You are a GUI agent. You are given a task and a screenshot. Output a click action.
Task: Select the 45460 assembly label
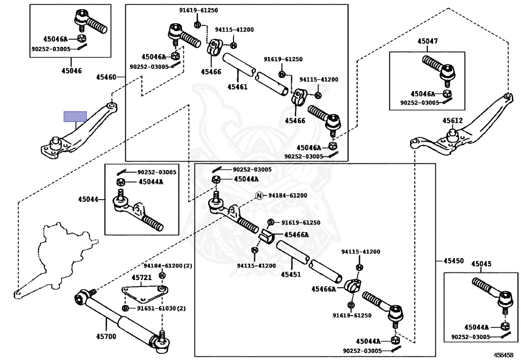[x=106, y=77]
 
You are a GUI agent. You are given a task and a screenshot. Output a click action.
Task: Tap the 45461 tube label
[x=238, y=87]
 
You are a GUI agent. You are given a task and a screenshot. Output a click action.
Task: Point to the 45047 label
[x=427, y=41]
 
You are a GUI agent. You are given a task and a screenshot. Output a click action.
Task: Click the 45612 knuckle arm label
[x=452, y=121]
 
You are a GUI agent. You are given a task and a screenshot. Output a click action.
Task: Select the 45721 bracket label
[x=141, y=278]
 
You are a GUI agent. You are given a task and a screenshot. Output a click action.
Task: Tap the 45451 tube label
[x=291, y=274]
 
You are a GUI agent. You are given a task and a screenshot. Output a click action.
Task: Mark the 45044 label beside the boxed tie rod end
[x=88, y=199]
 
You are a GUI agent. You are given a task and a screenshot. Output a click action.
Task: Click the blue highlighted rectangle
[x=75, y=117]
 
